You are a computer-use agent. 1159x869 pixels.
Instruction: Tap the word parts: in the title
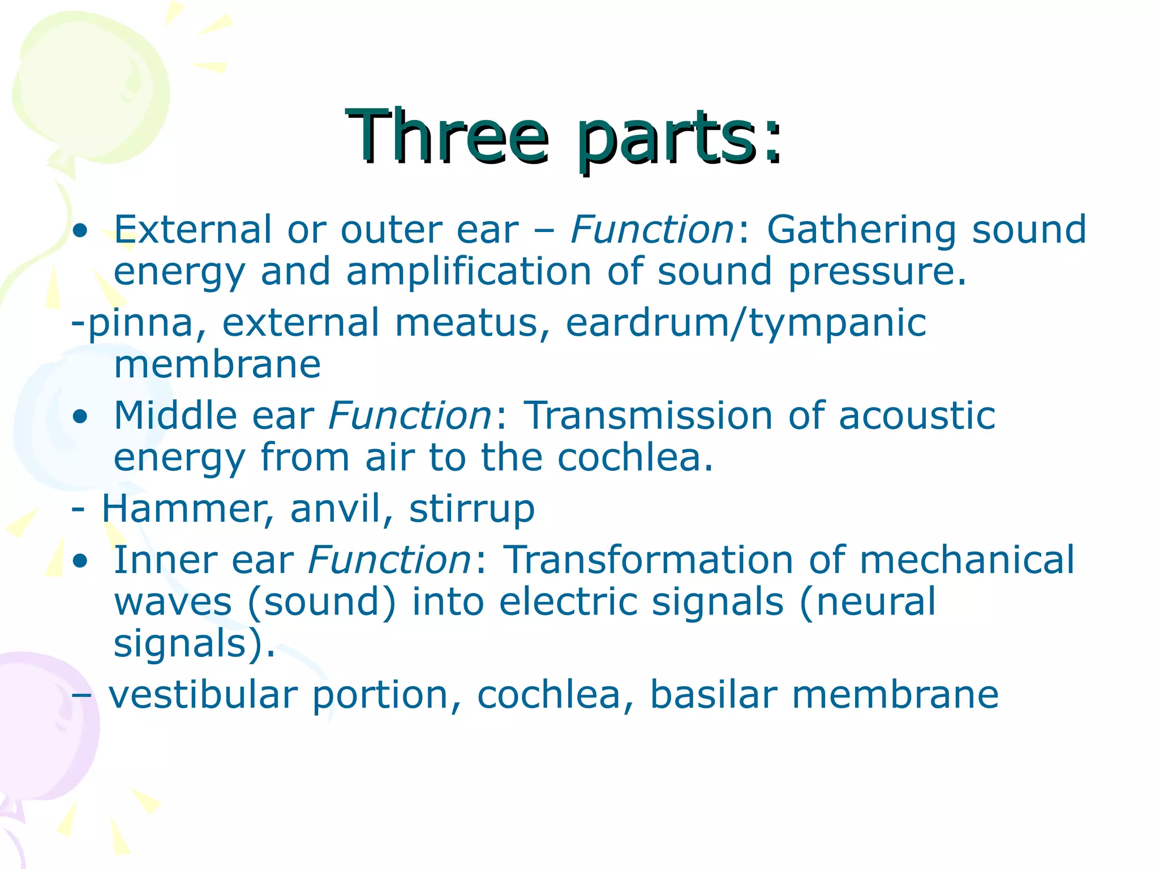[x=679, y=139]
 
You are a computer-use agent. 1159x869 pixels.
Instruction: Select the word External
[x=193, y=230]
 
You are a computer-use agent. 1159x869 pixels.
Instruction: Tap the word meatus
[x=473, y=323]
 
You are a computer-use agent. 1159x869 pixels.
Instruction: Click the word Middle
[x=175, y=415]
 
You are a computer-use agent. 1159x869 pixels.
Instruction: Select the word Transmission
[x=649, y=415]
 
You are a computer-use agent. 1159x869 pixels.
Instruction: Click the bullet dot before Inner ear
[x=80, y=561]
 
